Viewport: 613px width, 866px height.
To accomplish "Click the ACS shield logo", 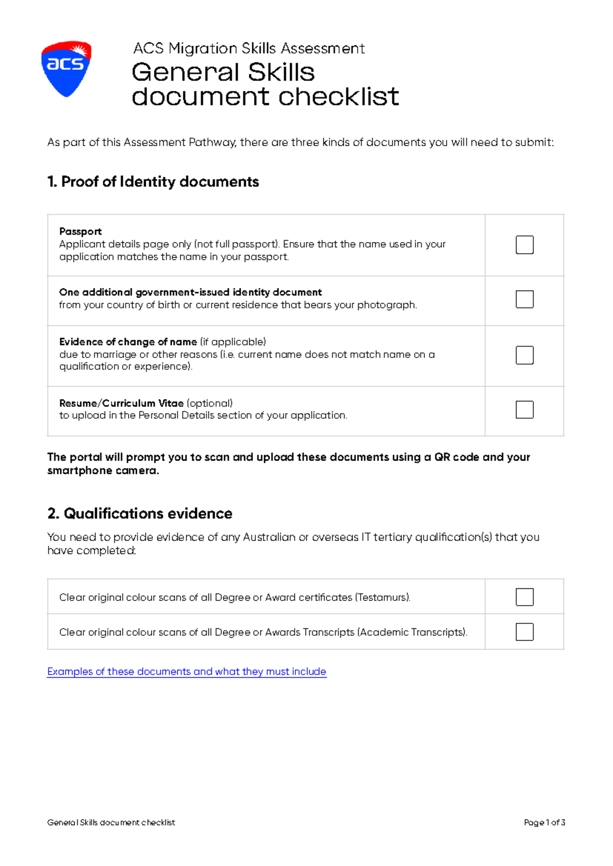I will (66, 68).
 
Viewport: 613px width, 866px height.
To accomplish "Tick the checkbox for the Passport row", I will (524, 245).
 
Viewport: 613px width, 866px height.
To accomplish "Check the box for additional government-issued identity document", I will (524, 299).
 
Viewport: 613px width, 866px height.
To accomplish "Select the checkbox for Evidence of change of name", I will (524, 355).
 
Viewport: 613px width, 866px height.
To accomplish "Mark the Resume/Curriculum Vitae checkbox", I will (524, 410).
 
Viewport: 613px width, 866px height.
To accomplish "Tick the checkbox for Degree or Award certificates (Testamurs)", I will (524, 597).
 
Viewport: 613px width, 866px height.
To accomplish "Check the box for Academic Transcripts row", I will (524, 632).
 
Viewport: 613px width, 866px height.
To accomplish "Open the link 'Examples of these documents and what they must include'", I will (186, 671).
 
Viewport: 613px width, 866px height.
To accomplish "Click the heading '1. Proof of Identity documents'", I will (153, 182).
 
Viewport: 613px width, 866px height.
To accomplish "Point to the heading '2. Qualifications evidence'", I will (139, 513).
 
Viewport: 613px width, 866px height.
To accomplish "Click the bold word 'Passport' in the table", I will (80, 231).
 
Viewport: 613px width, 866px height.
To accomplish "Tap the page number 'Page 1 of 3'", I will (544, 823).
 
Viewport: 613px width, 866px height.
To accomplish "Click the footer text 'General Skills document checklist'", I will (111, 823).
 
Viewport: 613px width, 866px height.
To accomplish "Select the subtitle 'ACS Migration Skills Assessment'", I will (249, 49).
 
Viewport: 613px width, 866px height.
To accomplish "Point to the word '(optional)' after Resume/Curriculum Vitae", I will (209, 403).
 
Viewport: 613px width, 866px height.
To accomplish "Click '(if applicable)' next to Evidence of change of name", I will (233, 342).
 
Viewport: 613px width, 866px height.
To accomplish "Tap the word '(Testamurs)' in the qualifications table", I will (382, 597).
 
